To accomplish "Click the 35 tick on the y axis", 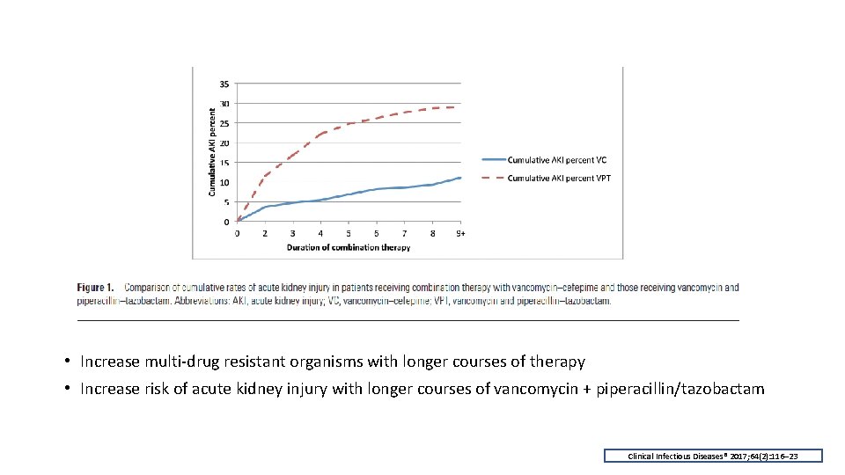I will point(224,84).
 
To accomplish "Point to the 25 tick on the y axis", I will point(224,123).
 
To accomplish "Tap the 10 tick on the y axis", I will point(224,183).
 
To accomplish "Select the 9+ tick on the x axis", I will point(460,233).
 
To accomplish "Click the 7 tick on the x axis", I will point(404,233).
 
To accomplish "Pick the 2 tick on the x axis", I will point(265,233).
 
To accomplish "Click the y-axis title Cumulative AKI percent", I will point(211,152).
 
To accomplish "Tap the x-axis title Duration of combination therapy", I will point(348,247).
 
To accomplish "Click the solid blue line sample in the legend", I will point(494,160).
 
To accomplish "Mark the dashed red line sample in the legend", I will point(494,179).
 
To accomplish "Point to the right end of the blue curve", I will point(460,178).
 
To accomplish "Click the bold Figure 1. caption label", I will point(96,288).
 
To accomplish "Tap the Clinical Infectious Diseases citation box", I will point(713,456).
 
